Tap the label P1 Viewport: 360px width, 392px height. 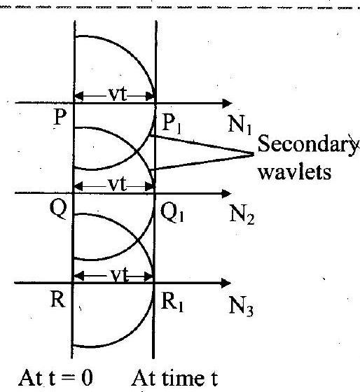(x=171, y=124)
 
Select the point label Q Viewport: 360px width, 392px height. (x=59, y=209)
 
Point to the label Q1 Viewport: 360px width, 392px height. (x=172, y=213)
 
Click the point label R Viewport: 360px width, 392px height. (x=58, y=300)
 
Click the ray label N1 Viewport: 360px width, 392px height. (x=240, y=126)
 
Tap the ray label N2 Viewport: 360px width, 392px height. (x=242, y=216)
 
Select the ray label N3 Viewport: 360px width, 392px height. (x=242, y=307)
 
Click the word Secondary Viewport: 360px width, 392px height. (x=307, y=144)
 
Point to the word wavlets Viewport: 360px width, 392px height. (x=295, y=172)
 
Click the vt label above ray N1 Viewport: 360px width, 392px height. (x=118, y=94)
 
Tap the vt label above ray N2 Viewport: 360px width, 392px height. (x=118, y=185)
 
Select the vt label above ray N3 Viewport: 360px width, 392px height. (x=119, y=275)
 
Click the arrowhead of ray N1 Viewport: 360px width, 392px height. (x=228, y=103)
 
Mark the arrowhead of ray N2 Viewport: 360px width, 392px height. (x=227, y=193)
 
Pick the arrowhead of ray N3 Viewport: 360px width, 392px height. (x=226, y=283)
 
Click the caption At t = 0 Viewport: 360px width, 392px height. (x=55, y=378)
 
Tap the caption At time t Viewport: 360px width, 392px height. (x=174, y=378)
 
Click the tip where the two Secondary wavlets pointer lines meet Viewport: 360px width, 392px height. (x=254, y=154)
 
